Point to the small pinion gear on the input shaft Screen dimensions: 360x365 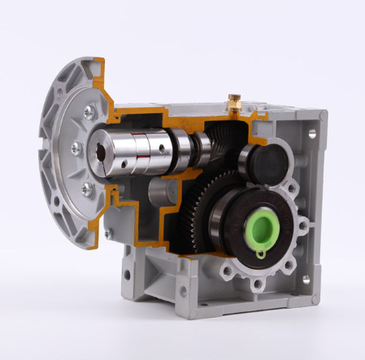coord(203,147)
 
